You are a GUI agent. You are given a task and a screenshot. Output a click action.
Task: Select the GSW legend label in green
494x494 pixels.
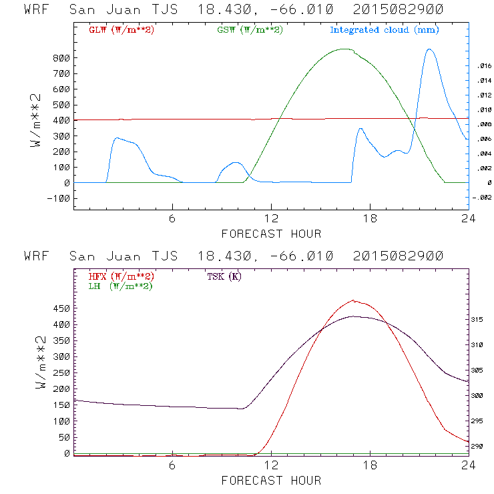pos(250,30)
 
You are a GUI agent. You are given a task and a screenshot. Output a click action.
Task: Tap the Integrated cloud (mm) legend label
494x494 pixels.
pos(385,30)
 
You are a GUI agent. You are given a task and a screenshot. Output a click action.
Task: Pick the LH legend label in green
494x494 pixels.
pos(120,286)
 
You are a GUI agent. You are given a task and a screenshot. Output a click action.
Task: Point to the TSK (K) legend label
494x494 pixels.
pos(224,276)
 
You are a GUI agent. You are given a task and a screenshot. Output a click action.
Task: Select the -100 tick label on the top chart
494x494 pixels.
pos(57,198)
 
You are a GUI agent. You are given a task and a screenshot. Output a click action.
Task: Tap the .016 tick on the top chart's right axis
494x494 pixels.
pos(483,65)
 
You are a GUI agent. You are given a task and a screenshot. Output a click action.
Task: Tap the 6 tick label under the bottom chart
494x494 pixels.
pos(172,466)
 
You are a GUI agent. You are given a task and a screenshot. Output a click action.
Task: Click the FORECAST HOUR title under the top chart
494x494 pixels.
pos(271,234)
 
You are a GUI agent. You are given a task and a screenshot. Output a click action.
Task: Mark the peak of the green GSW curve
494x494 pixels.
pos(344,49)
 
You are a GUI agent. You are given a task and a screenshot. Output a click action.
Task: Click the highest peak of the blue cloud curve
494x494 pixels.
pos(429,49)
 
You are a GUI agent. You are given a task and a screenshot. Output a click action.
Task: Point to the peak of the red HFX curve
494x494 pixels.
pos(353,300)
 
